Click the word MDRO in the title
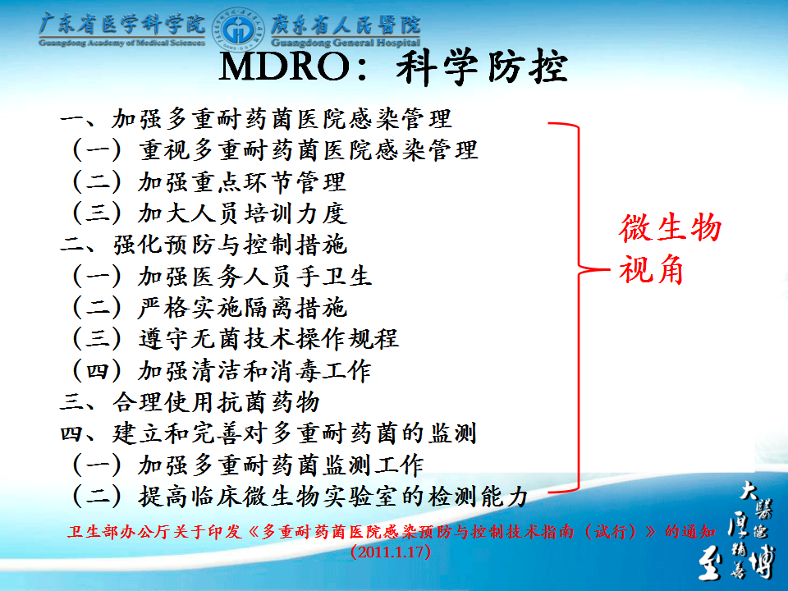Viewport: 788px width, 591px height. click(285, 66)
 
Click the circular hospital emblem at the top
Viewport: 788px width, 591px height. click(238, 30)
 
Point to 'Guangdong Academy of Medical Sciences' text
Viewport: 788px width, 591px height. click(121, 42)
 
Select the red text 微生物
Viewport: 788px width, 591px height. click(670, 227)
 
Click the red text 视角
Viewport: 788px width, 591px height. click(651, 269)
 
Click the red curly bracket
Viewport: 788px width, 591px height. click(579, 307)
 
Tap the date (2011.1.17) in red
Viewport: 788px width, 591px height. click(391, 552)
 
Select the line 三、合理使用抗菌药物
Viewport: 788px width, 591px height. click(190, 402)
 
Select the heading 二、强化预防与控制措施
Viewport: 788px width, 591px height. click(203, 245)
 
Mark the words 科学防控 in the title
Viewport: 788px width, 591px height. click(482, 66)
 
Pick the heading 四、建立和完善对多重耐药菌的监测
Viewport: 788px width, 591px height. click(268, 433)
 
